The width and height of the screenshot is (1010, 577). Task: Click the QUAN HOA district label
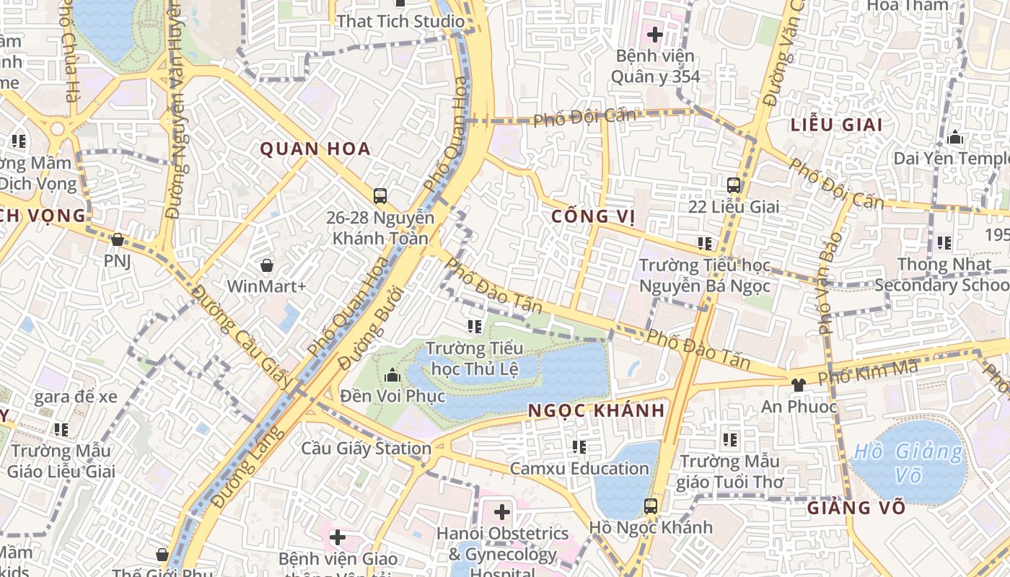[x=315, y=149]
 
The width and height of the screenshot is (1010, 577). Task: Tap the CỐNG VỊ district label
[x=593, y=216]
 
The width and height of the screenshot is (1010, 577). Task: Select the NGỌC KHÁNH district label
[x=596, y=410]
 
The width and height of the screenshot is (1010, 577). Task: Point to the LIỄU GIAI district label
[x=836, y=125]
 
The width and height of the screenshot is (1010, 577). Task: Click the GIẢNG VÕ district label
[x=856, y=508]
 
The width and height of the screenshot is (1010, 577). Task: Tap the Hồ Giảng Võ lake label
[x=908, y=463]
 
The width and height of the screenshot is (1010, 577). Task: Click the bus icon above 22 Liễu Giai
[x=734, y=185]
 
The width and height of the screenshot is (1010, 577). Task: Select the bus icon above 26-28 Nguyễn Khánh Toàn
[x=380, y=195]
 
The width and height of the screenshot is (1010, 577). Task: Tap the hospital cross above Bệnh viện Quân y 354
[x=654, y=34]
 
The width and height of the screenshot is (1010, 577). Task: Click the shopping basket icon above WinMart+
[x=267, y=265]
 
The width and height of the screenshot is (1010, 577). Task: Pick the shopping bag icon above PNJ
[x=117, y=239]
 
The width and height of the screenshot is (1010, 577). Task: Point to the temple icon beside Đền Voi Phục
[x=392, y=375]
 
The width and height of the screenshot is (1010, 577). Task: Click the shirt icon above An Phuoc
[x=798, y=385]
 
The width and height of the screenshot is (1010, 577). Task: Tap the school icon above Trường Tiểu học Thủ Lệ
[x=474, y=327]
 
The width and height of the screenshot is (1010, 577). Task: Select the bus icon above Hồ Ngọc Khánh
[x=651, y=506]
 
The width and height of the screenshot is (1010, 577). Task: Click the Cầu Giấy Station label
[x=366, y=449]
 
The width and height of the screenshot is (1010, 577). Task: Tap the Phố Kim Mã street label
[x=868, y=373]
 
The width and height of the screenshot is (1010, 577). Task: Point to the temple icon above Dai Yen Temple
[x=955, y=137]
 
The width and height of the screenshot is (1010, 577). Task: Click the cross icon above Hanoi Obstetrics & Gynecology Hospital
[x=501, y=513]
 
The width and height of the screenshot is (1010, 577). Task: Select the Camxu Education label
[x=579, y=469]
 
